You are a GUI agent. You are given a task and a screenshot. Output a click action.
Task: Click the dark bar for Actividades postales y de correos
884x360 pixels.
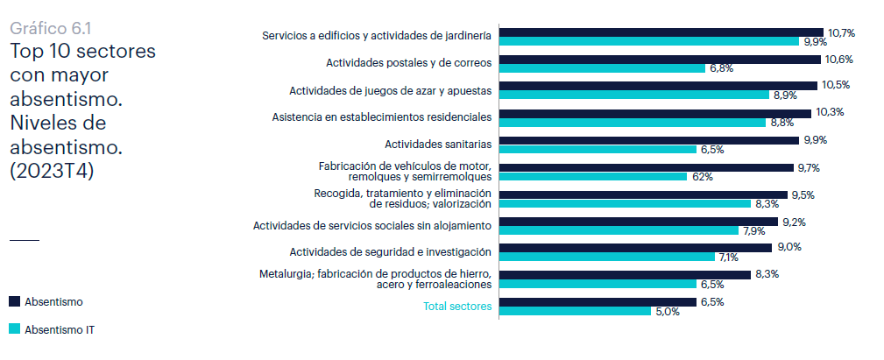coord(660,60)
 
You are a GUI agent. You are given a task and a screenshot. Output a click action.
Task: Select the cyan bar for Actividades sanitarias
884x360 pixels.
coord(598,150)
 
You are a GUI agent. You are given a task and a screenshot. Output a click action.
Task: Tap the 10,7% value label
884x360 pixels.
coord(841,32)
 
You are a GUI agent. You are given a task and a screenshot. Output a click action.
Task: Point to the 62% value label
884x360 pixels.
coord(702,176)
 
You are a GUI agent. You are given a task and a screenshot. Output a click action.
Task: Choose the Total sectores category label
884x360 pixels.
coord(456,307)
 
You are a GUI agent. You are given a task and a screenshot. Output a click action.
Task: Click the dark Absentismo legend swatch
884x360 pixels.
coord(14,301)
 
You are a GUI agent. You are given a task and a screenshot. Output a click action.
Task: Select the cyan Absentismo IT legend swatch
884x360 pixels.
coord(14,330)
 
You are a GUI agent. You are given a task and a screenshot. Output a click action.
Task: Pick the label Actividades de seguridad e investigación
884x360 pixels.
coord(390,251)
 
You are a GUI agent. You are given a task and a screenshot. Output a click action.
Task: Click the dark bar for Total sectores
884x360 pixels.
coord(598,302)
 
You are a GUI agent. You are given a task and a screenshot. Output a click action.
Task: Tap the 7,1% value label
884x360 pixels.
coord(728,258)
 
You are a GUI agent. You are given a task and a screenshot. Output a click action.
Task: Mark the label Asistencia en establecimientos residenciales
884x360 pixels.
coord(381,116)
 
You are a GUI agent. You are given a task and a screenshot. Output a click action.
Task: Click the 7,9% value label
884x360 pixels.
coord(754,231)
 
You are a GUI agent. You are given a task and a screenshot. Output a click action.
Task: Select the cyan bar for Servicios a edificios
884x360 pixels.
coord(647,41)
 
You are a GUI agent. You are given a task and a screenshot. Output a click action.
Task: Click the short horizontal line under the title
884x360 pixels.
coord(25,239)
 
